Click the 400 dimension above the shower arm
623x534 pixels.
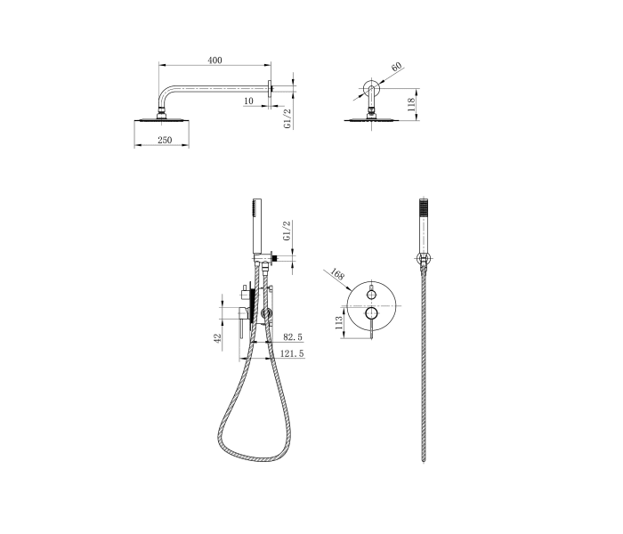tap(214, 60)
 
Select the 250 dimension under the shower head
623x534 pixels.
tap(164, 141)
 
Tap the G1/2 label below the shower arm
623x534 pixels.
tap(287, 119)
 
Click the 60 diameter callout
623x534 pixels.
tap(396, 68)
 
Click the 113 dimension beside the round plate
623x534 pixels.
tap(338, 324)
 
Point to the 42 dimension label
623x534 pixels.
tap(217, 340)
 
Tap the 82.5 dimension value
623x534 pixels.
tap(293, 338)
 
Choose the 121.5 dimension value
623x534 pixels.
tap(292, 354)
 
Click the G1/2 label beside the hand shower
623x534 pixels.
tap(287, 231)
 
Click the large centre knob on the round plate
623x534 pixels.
tap(372, 313)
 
